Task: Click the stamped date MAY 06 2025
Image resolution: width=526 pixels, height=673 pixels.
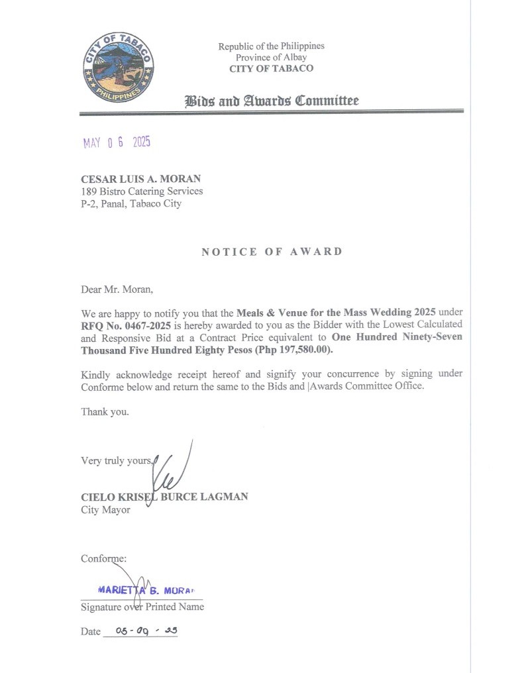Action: click(x=117, y=142)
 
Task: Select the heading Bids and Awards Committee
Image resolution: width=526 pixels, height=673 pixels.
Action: click(x=272, y=101)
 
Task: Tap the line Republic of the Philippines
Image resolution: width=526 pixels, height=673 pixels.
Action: click(x=272, y=46)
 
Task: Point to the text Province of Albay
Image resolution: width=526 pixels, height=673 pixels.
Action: click(x=272, y=58)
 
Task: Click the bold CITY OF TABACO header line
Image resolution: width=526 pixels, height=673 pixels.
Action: click(x=272, y=69)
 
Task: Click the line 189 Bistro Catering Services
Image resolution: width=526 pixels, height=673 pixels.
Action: click(x=142, y=191)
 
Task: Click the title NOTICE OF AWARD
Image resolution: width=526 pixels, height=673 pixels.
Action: click(x=272, y=252)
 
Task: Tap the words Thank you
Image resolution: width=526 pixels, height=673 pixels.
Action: click(x=105, y=411)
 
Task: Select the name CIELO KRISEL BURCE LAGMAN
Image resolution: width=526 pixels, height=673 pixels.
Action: click(x=164, y=497)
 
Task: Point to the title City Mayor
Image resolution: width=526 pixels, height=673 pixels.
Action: click(x=105, y=509)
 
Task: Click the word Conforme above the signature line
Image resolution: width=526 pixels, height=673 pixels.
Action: click(x=103, y=558)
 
